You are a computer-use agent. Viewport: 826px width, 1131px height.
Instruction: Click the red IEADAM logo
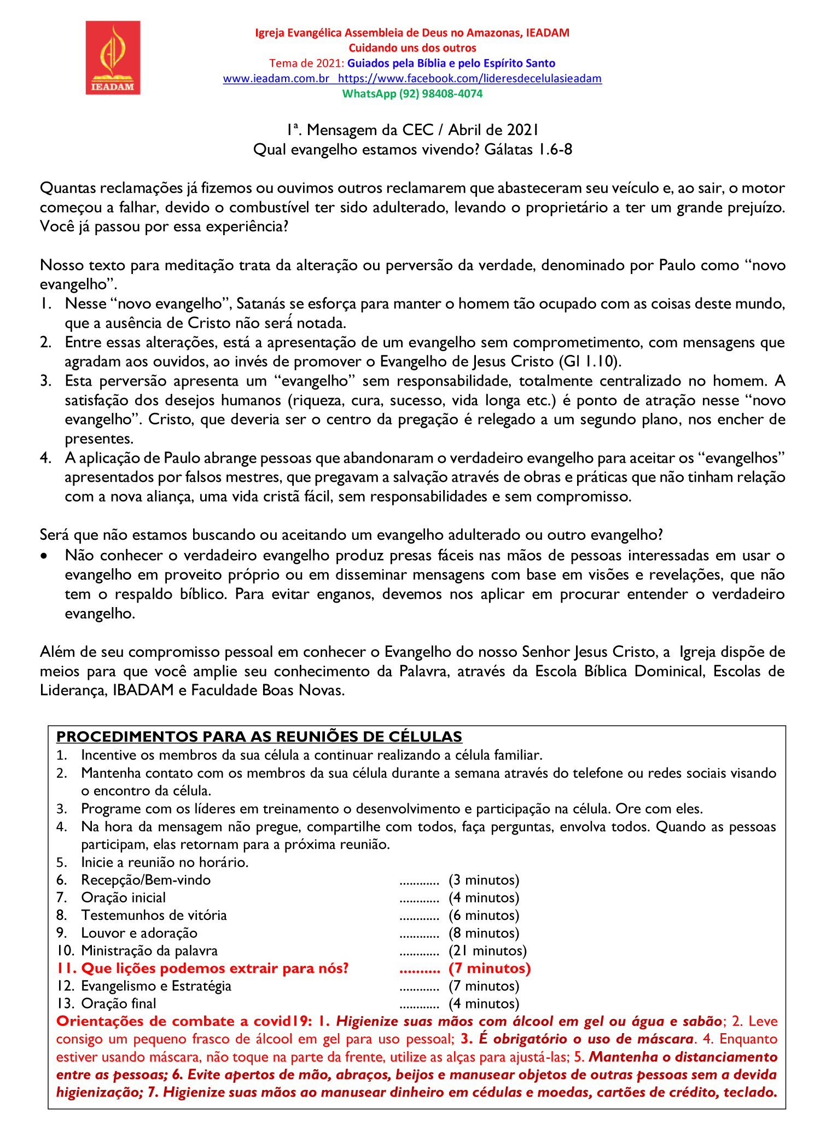(x=113, y=57)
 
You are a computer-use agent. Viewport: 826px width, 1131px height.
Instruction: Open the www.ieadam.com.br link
(x=276, y=78)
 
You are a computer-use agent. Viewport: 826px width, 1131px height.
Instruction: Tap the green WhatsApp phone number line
(x=412, y=94)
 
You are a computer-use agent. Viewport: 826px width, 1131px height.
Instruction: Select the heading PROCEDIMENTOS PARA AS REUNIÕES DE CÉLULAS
(x=259, y=737)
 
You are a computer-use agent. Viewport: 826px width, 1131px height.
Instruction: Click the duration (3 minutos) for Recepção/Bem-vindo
(x=484, y=880)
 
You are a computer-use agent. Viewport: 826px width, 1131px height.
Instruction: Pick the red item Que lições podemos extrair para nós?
(x=214, y=969)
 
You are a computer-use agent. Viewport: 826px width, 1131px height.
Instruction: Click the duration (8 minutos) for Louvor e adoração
(x=484, y=933)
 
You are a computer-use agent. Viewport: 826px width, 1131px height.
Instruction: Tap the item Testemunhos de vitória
(x=154, y=916)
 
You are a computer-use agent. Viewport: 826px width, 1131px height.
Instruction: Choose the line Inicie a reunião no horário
(x=165, y=862)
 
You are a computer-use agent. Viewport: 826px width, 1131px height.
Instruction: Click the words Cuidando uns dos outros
(x=412, y=48)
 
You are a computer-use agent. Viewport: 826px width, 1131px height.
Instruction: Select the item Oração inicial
(x=123, y=897)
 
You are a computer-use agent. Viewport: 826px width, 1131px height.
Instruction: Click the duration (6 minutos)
(x=484, y=916)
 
